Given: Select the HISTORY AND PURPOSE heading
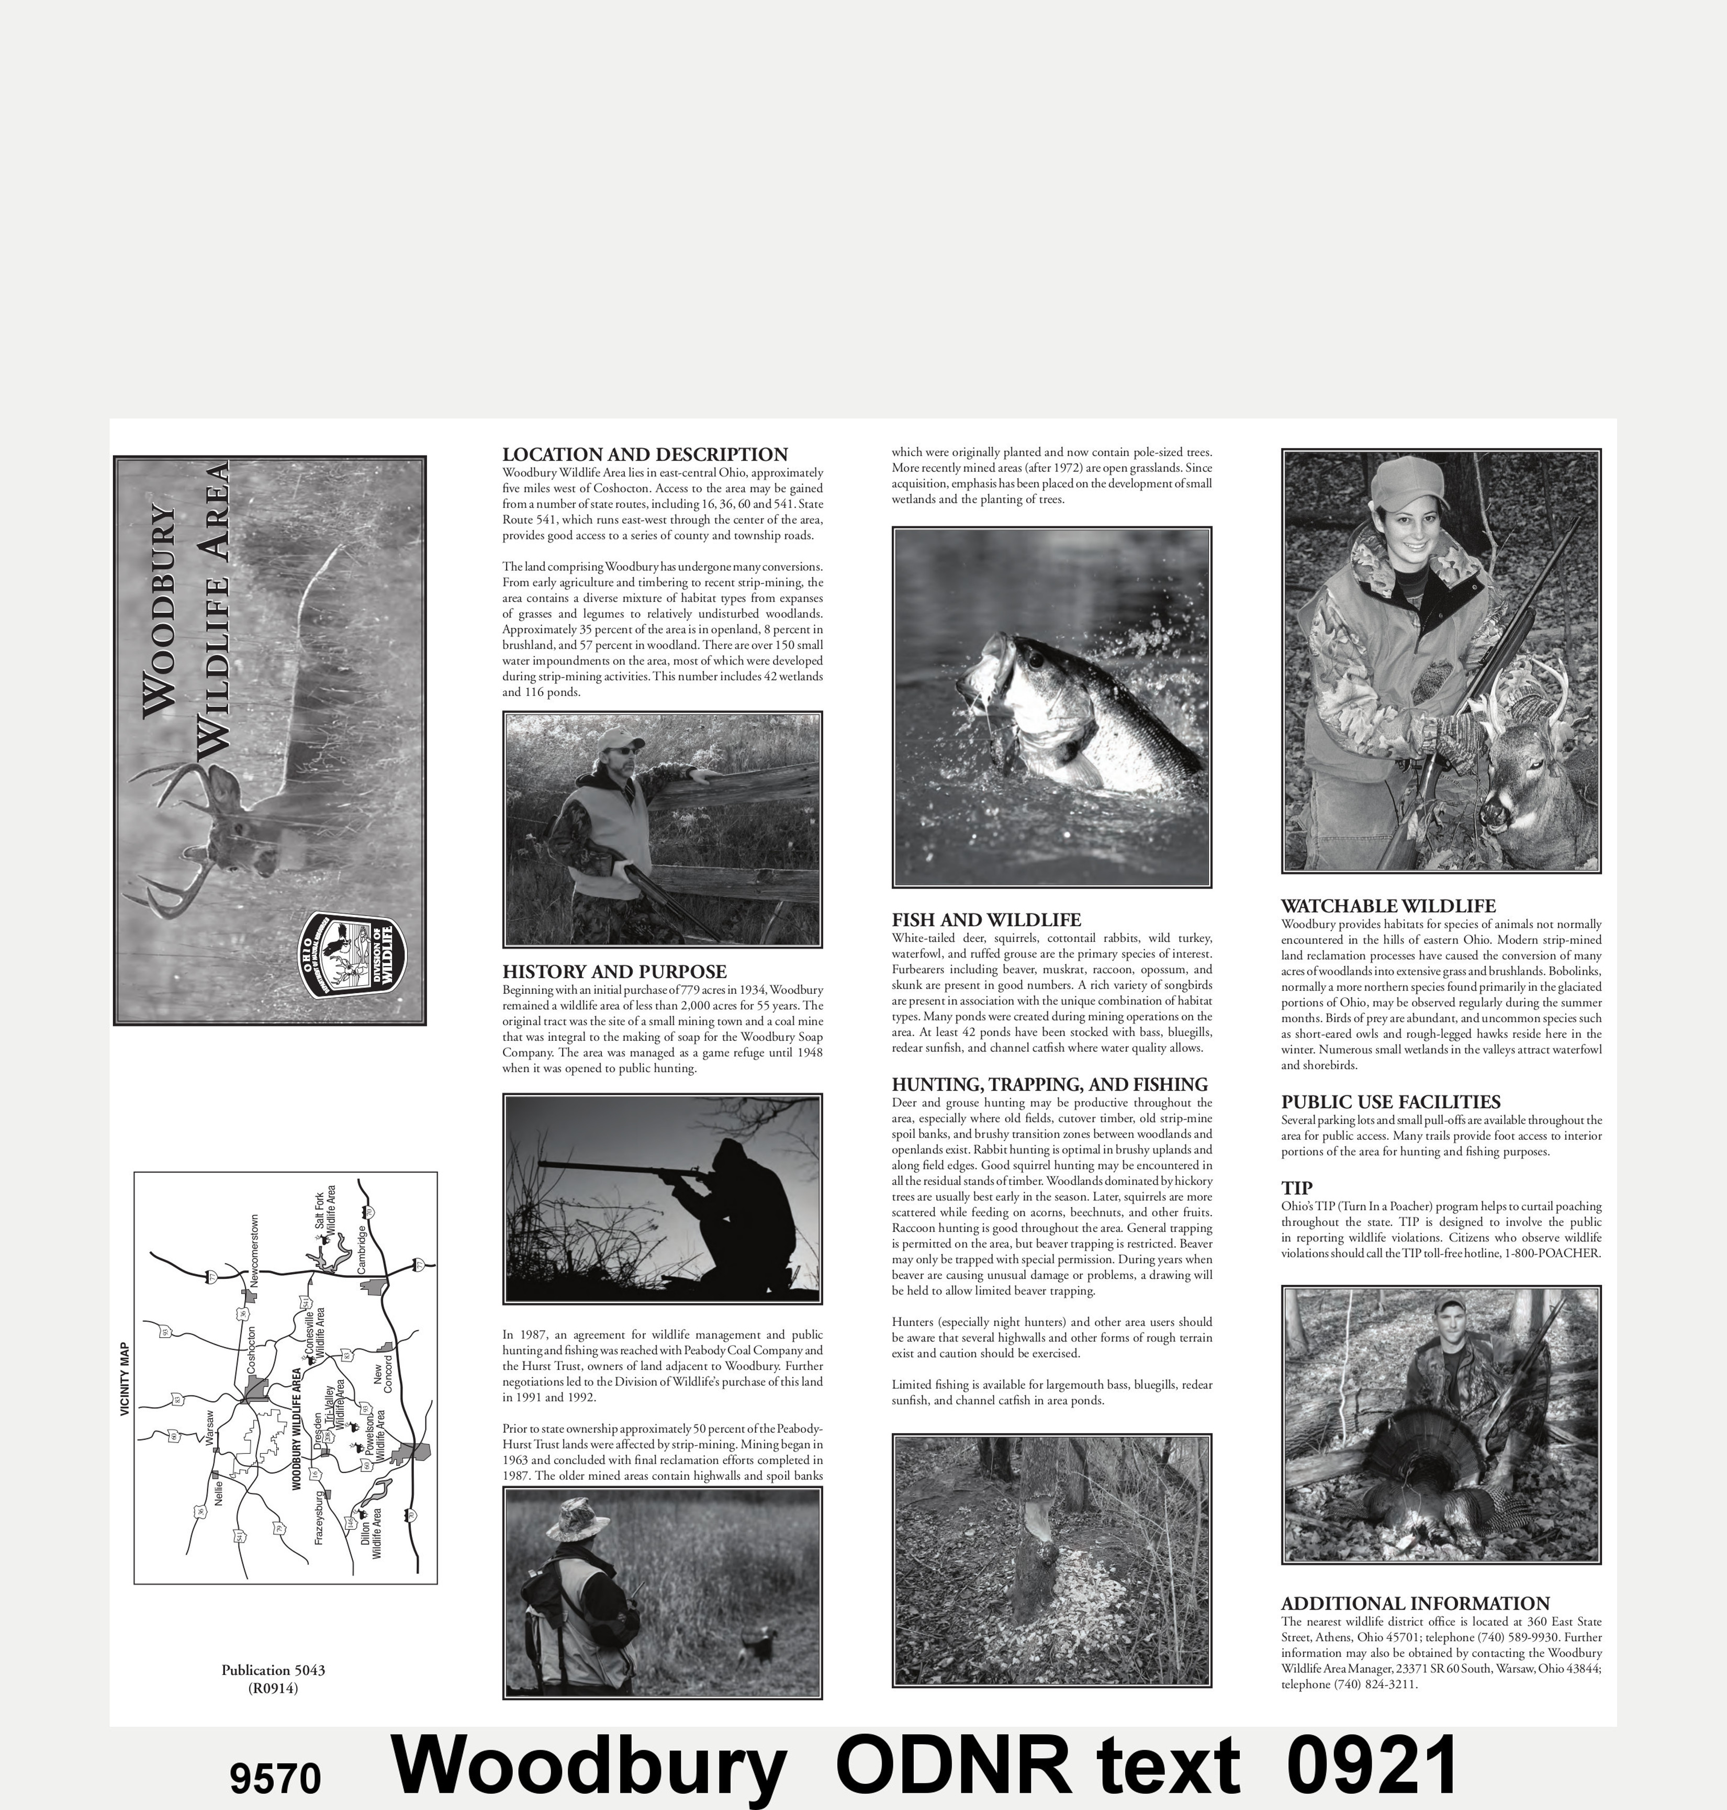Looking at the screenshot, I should [614, 971].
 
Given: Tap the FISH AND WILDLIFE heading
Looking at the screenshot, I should [986, 920].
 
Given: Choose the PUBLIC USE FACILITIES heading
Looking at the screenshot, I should [1390, 1102].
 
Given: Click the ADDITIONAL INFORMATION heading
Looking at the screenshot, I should [1415, 1603].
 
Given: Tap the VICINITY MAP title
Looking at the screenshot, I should [125, 1378].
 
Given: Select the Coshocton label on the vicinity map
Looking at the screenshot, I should [251, 1350].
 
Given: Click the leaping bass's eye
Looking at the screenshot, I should [1036, 659].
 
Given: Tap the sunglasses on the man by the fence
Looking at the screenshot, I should [621, 751].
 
